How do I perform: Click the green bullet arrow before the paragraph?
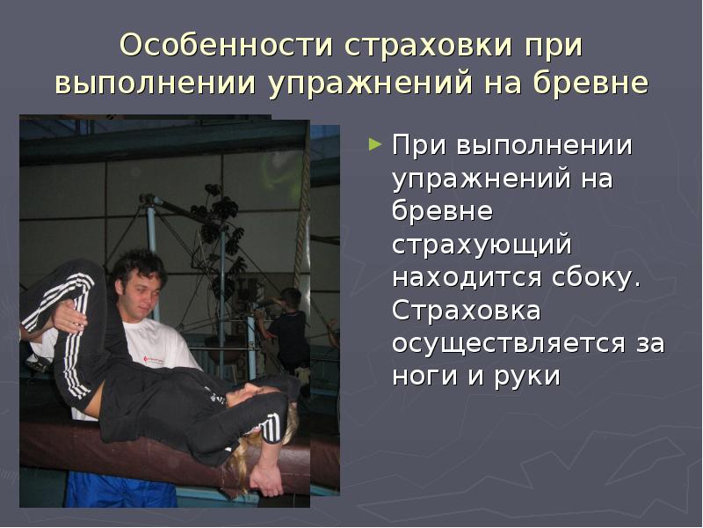coord(376,143)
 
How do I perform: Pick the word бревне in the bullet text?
coord(443,211)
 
